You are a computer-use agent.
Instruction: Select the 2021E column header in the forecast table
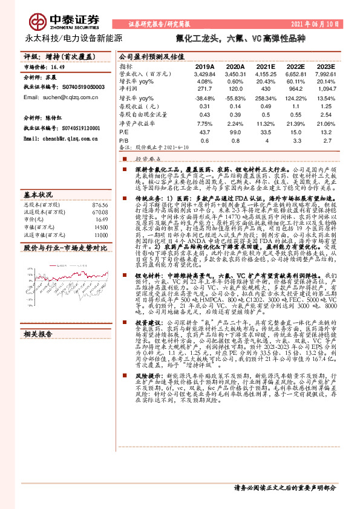point(266,66)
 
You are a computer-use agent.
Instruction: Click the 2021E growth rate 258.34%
point(266,97)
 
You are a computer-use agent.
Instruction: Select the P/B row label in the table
point(124,139)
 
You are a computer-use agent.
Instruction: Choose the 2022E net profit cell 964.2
point(295,88)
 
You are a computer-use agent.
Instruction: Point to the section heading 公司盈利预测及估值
point(151,56)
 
